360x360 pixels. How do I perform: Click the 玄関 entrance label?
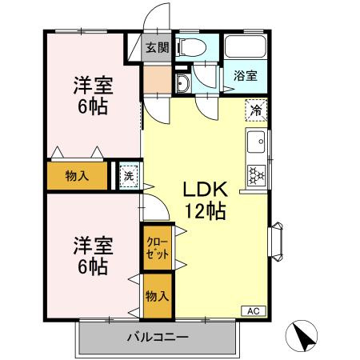[x=157, y=48]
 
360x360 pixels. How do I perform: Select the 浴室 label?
[x=245, y=76]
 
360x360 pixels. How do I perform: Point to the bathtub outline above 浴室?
[x=246, y=47]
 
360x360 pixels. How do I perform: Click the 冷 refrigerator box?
[x=256, y=110]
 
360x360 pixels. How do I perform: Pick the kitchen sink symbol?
[x=258, y=144]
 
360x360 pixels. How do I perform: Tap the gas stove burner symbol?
[x=258, y=173]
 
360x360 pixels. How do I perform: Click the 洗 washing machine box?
[x=128, y=175]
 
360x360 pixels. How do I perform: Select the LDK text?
[x=206, y=190]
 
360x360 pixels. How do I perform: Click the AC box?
[x=253, y=311]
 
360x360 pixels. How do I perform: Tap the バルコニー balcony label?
[x=158, y=338]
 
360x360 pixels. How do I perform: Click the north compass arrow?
[x=305, y=337]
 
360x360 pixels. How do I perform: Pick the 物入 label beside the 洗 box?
[x=77, y=176]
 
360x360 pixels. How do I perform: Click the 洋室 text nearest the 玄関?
[x=92, y=84]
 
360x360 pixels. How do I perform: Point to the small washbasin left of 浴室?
[x=182, y=85]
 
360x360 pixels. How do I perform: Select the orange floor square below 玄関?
[x=157, y=79]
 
